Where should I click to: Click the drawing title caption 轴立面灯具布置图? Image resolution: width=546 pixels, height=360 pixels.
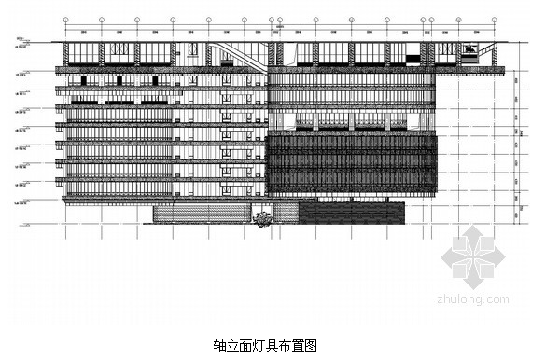(265, 344)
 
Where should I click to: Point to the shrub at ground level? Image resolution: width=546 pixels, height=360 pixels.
(263, 219)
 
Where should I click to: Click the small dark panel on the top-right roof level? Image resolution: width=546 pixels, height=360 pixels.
(469, 55)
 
